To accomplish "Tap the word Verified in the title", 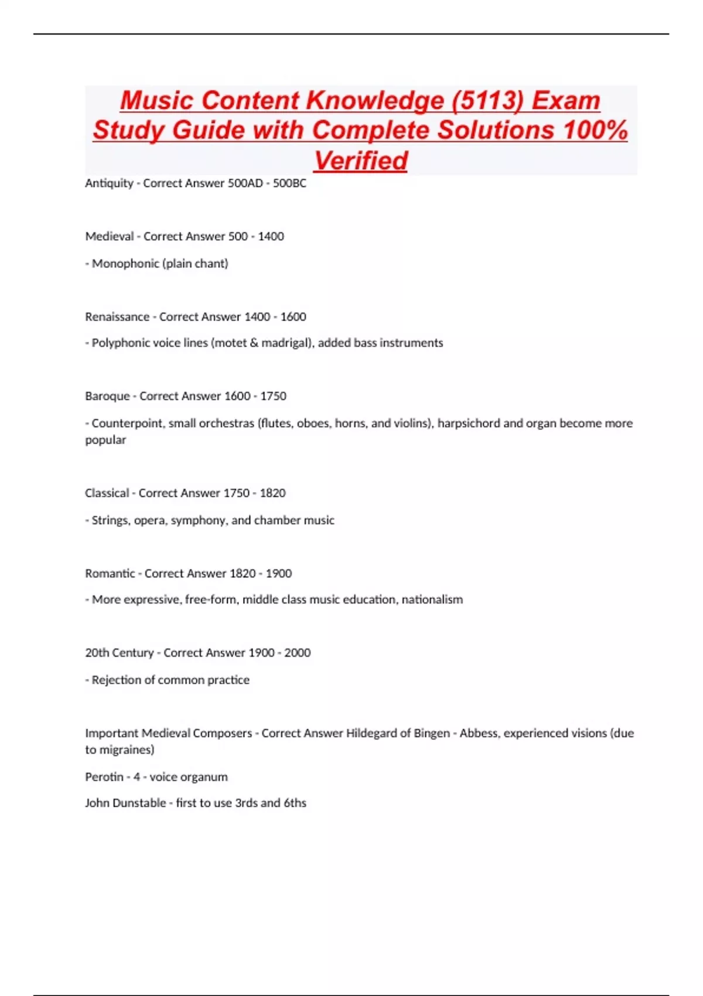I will tap(360, 161).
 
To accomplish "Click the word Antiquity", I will tap(109, 183).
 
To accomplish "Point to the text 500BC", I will tap(289, 183).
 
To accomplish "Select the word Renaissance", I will tap(117, 317).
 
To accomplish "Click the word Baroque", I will tap(107, 396).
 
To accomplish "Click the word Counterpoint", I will tap(127, 423).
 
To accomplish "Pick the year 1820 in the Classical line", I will tap(272, 493).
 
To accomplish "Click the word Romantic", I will tap(110, 574).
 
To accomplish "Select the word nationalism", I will tap(432, 599).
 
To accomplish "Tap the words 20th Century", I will tap(120, 653).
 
